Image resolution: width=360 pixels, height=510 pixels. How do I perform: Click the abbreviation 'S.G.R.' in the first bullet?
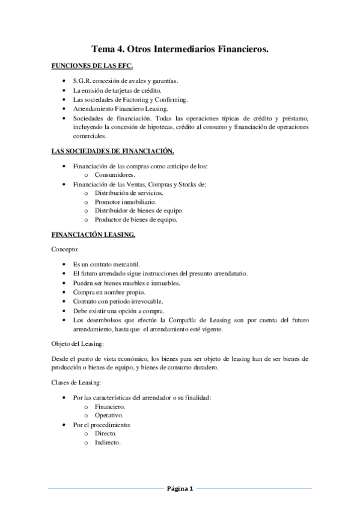[x=82, y=81]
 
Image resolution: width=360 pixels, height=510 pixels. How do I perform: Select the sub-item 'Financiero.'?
[x=110, y=407]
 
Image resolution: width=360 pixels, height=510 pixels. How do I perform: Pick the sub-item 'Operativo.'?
[x=109, y=416]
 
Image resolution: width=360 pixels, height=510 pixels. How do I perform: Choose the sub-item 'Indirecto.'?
[x=108, y=443]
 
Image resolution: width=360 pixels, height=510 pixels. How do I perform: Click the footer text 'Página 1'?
[x=180, y=488]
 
